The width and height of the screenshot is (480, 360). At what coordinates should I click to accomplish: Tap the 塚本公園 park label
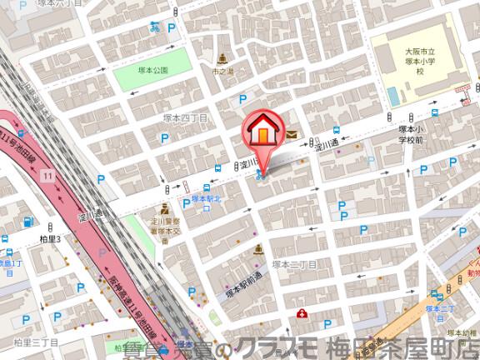[x=153, y=71]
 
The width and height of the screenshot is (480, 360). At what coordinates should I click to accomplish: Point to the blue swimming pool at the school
[x=392, y=96]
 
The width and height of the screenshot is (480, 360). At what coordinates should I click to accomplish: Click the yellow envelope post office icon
[x=292, y=133]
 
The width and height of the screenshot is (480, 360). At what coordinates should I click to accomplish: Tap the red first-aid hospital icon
[x=302, y=313]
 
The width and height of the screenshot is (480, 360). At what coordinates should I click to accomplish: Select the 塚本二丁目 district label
[x=294, y=264]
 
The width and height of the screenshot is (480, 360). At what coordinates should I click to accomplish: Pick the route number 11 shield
[x=49, y=175]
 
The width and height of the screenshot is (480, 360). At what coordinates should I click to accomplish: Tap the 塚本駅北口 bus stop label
[x=206, y=202]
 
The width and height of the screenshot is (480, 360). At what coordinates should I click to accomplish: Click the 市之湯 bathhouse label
[x=222, y=72]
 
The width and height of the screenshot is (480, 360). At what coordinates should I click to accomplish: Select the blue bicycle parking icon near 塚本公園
[x=155, y=27]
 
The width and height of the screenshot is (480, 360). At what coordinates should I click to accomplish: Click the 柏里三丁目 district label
[x=36, y=342]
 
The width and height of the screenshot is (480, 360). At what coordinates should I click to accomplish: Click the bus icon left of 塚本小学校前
[x=336, y=131]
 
